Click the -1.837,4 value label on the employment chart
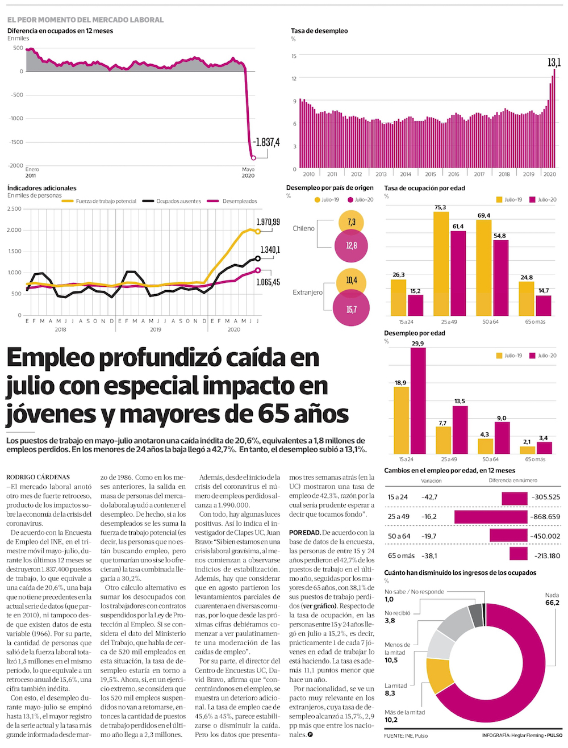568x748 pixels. click(x=266, y=143)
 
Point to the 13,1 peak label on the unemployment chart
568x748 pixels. click(x=554, y=62)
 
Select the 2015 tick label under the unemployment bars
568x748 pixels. click(x=431, y=174)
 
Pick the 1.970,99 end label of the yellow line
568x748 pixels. click(x=268, y=222)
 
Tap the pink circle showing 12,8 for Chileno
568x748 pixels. click(x=352, y=246)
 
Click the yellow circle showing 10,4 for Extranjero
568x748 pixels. click(x=352, y=281)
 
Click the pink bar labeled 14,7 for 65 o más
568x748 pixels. click(x=544, y=306)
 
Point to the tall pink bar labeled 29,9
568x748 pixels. click(x=418, y=400)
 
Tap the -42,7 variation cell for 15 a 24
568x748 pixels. click(x=429, y=497)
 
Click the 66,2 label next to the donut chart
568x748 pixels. click(x=552, y=603)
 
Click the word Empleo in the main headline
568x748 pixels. click(x=51, y=358)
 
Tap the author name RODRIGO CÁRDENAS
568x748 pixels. click(x=38, y=477)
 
